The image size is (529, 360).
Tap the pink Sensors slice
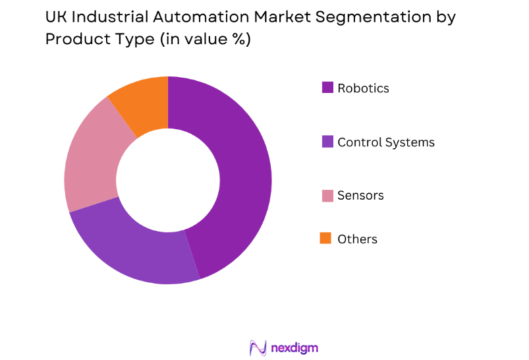(x=92, y=165)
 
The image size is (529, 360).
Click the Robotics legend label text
(x=363, y=88)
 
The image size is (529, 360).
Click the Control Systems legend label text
(x=386, y=142)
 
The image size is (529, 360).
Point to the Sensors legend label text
(x=360, y=196)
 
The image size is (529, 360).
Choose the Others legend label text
(x=357, y=239)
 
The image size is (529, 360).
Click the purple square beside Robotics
(x=326, y=87)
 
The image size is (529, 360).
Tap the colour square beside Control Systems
(x=326, y=141)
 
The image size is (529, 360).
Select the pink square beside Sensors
(x=326, y=195)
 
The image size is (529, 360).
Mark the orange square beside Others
(x=326, y=238)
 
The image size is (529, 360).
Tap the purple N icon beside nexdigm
(x=257, y=347)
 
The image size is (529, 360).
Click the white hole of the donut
(x=168, y=180)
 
